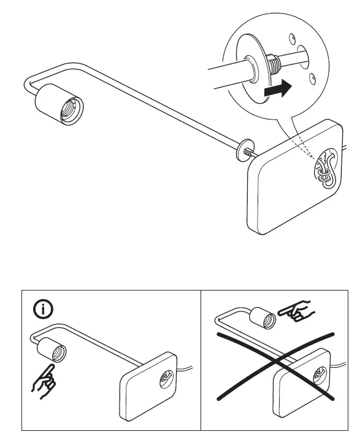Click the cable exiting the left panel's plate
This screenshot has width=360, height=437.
click(x=188, y=368)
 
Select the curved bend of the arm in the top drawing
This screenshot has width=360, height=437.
click(x=29, y=85)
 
